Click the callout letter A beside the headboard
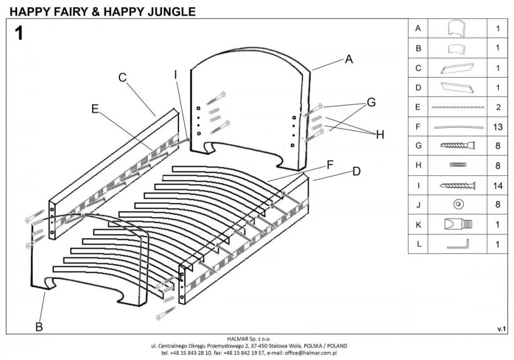pyautogui.click(x=349, y=59)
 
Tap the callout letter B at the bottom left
pyautogui.click(x=39, y=327)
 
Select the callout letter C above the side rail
pyautogui.click(x=123, y=78)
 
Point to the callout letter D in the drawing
pyautogui.click(x=357, y=171)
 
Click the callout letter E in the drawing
pyautogui.click(x=95, y=109)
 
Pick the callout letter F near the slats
pyautogui.click(x=330, y=165)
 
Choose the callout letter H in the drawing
pyautogui.click(x=380, y=135)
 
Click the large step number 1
pyautogui.click(x=20, y=33)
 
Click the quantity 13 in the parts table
pyautogui.click(x=498, y=127)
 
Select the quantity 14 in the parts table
pyautogui.click(x=498, y=185)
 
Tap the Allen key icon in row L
pyautogui.click(x=458, y=244)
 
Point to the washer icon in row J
pyautogui.click(x=458, y=205)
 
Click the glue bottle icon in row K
pyautogui.click(x=458, y=224)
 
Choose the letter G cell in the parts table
pyautogui.click(x=418, y=146)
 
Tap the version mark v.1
pyautogui.click(x=501, y=329)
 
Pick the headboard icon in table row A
pyautogui.click(x=458, y=28)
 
